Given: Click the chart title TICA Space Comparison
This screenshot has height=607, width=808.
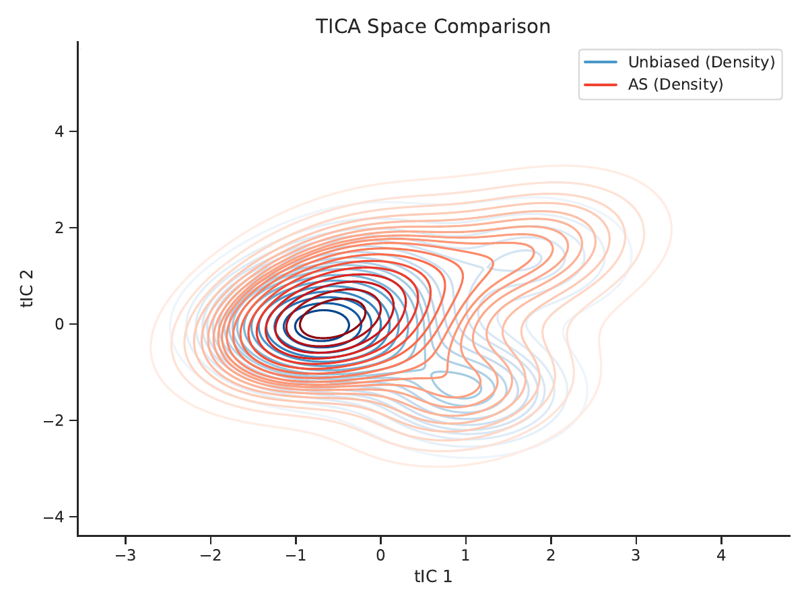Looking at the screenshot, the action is [433, 26].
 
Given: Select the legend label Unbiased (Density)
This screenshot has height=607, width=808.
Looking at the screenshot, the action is [702, 62].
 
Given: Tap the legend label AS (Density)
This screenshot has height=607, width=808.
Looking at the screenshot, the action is [675, 85].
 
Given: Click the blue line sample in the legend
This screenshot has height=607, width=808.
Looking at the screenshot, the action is [601, 62].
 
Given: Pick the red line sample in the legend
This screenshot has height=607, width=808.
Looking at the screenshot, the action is [601, 85].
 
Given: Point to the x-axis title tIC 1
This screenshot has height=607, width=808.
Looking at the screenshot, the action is [433, 577].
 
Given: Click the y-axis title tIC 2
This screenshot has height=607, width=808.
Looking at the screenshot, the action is [27, 288].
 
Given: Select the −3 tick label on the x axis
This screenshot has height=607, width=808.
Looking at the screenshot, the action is [125, 555].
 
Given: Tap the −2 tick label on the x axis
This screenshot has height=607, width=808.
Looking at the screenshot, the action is [211, 555].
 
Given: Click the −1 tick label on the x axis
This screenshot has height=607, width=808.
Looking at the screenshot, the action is [296, 555].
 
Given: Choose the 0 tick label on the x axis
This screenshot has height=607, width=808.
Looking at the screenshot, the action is [380, 555].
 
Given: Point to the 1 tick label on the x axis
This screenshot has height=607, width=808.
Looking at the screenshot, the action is [466, 555].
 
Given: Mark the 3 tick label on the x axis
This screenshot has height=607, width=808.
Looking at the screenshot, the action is [636, 555].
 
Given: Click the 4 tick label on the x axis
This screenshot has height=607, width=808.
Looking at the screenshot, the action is [721, 555].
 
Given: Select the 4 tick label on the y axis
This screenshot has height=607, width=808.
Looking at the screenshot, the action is [60, 131].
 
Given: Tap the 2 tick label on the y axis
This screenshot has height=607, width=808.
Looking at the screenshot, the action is [60, 228].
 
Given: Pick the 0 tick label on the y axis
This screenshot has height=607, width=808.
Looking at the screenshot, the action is [60, 324].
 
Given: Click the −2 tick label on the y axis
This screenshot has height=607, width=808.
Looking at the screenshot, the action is [54, 420].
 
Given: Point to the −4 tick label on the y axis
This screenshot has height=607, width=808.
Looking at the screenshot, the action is [54, 517].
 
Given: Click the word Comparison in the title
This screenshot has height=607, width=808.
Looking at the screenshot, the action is [492, 26].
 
